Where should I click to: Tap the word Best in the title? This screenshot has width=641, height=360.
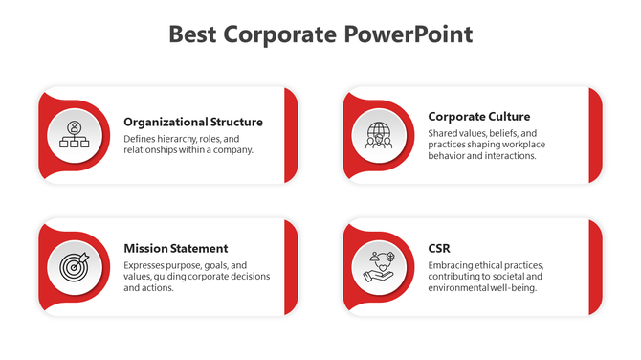coord(194,34)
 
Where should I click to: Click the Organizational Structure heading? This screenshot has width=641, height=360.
coord(193,122)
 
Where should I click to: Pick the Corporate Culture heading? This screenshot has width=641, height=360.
coord(479,116)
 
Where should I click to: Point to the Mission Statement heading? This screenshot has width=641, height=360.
coord(176,248)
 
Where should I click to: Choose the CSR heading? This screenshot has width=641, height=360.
coord(440,248)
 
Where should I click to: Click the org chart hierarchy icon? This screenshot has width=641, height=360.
coord(75,135)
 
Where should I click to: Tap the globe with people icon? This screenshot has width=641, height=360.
coord(379,135)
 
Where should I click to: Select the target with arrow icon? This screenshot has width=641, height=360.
coord(75,266)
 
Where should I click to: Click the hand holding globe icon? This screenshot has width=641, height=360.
coord(379,266)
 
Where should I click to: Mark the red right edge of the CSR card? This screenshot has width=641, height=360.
coord(595,266)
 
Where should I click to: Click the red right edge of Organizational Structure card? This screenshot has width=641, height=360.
coord(291,135)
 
